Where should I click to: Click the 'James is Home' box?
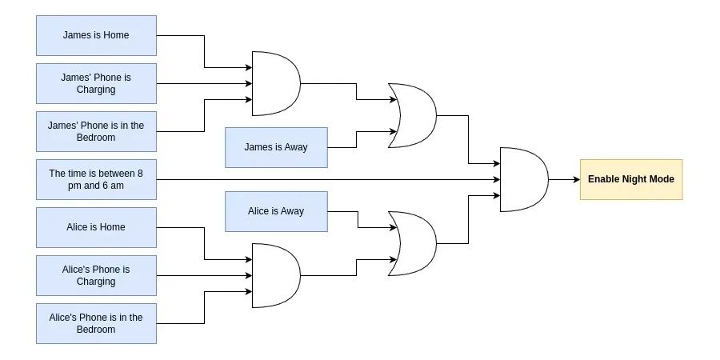pos(96,35)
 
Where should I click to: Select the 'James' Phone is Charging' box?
pos(96,83)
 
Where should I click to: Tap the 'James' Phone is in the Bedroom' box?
pos(96,131)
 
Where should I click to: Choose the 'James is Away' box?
pos(276,147)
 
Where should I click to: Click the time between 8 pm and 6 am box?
pos(96,179)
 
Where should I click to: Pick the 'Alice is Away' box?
pos(276,211)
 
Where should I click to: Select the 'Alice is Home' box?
pos(96,227)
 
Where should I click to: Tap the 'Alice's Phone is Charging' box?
pos(96,275)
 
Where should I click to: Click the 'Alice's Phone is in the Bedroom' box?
pos(96,323)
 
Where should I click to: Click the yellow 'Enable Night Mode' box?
pos(630,179)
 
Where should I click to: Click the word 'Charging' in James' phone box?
pos(96,90)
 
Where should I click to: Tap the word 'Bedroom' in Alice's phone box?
pos(96,330)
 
